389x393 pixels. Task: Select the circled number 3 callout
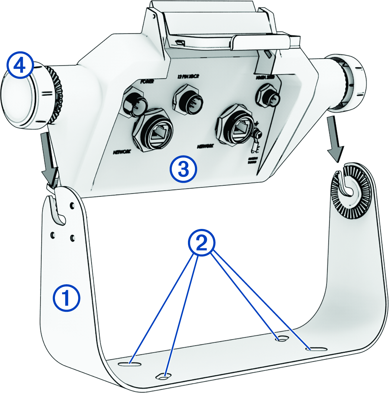183,169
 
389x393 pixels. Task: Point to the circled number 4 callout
20,67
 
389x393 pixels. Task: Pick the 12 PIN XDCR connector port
188,99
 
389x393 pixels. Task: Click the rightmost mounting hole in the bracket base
316,349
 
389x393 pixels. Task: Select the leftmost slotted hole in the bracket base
128,364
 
